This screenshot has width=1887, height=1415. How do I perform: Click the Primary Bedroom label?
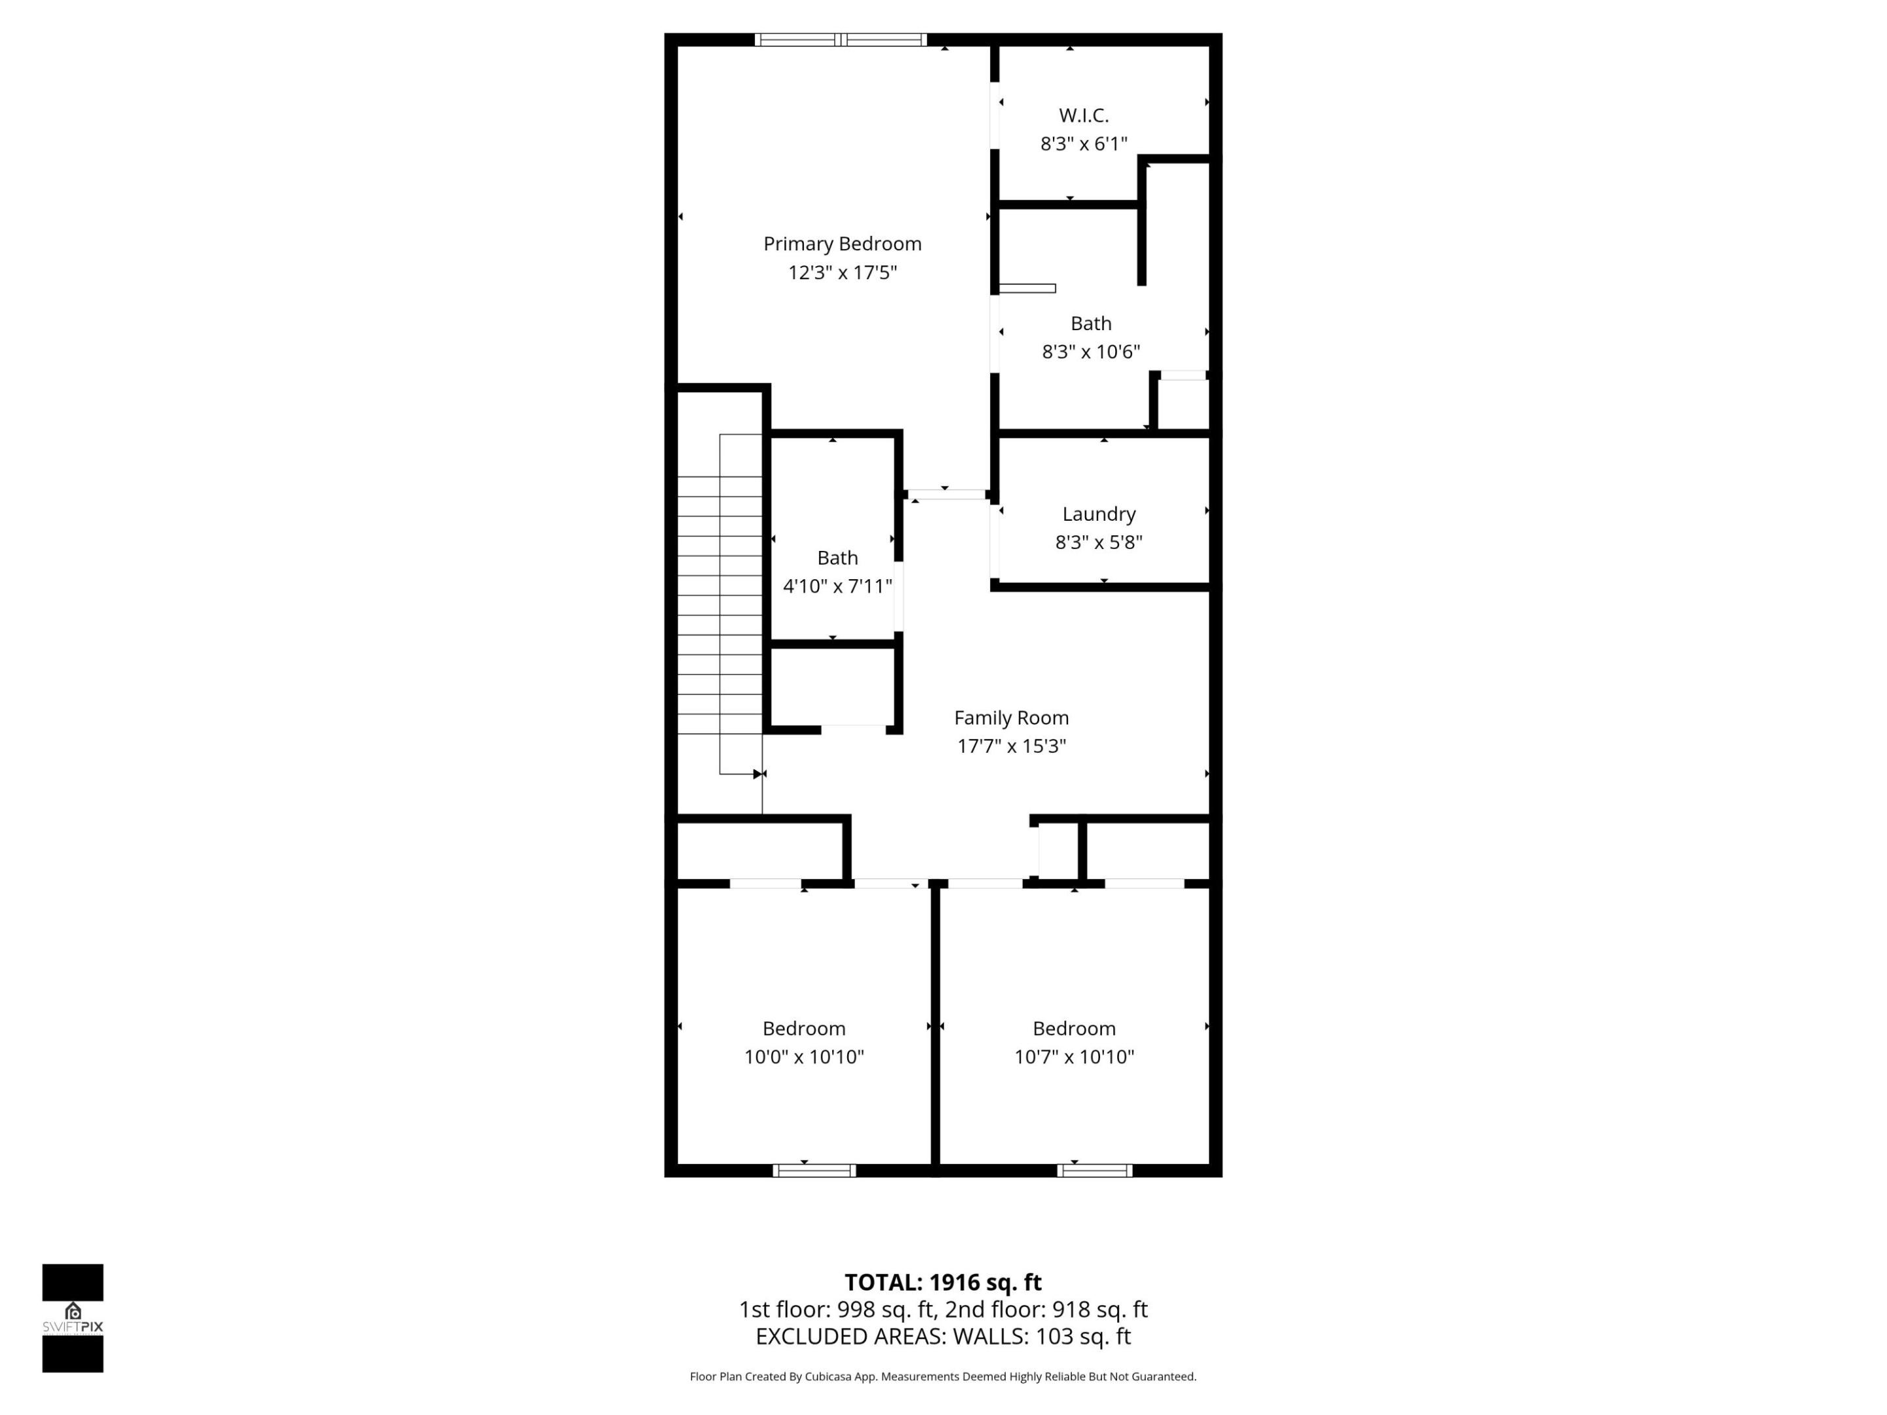tap(842, 244)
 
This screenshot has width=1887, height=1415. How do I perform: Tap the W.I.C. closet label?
tap(1084, 115)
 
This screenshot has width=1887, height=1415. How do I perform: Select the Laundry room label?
tap(1099, 514)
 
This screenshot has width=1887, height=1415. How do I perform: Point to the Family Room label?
tap(1011, 717)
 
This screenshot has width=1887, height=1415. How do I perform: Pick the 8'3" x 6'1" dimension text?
tap(1084, 144)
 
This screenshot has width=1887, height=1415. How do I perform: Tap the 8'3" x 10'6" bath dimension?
tap(1090, 351)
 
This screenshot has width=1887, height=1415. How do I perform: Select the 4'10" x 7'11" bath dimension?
tap(837, 586)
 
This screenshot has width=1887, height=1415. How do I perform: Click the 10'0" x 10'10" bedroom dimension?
tap(803, 1057)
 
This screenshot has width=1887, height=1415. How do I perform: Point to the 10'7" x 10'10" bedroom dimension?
tap(1073, 1057)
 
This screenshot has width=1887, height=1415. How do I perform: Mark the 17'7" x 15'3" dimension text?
tap(1011, 746)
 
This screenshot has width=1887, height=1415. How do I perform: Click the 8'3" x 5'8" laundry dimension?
tap(1099, 542)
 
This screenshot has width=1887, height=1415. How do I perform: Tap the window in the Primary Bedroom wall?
tap(840, 39)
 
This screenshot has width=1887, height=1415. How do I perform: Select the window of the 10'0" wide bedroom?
tap(814, 1170)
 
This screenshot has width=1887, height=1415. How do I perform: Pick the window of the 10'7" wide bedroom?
tap(1094, 1170)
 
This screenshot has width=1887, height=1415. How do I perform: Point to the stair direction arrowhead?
tap(758, 774)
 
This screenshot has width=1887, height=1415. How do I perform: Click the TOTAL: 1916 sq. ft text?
tap(943, 1282)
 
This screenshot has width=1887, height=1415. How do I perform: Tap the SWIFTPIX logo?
tap(73, 1318)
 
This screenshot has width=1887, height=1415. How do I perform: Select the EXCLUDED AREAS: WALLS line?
tap(943, 1336)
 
